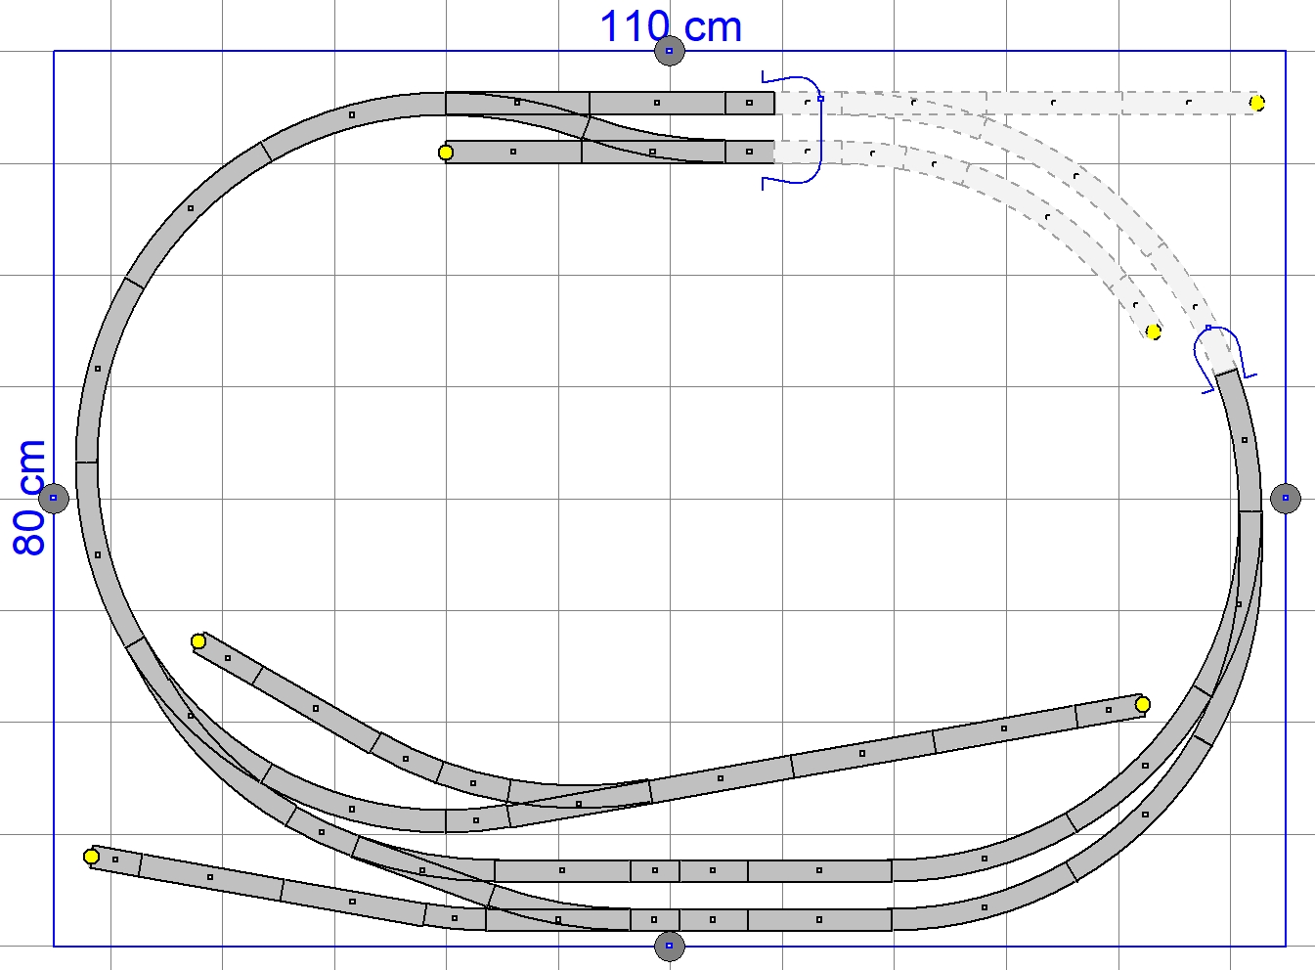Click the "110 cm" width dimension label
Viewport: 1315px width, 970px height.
[x=671, y=26]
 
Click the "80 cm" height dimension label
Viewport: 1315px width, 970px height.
[x=28, y=498]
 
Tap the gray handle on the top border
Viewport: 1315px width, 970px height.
[x=670, y=51]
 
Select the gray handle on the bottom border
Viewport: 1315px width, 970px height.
[x=670, y=946]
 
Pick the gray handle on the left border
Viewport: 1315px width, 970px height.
[x=54, y=499]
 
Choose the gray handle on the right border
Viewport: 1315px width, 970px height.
[x=1285, y=499]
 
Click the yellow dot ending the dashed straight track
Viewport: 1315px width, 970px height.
[x=1257, y=104]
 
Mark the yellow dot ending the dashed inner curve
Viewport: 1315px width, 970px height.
[x=1153, y=332]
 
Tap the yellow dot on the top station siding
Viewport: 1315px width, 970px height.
[x=446, y=153]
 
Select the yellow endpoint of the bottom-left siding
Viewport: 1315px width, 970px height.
[x=91, y=857]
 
